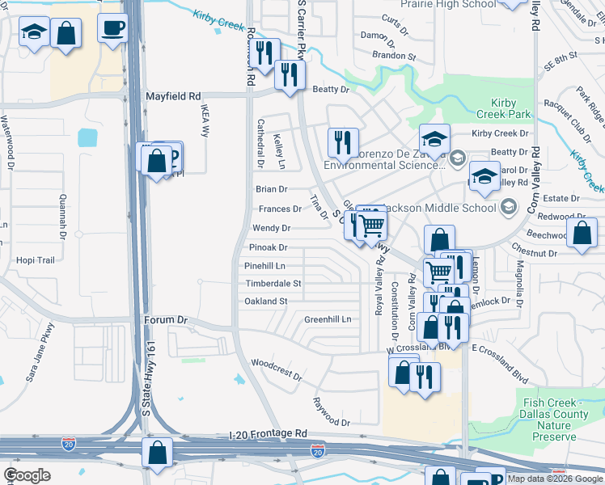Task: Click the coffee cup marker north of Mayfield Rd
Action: pyautogui.click(x=112, y=28)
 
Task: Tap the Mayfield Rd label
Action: pyautogui.click(x=172, y=96)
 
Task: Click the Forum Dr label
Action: pyautogui.click(x=166, y=320)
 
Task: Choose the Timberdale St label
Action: pyautogui.click(x=273, y=284)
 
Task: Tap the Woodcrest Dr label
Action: pyautogui.click(x=276, y=371)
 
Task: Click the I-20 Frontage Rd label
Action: pyautogui.click(x=269, y=434)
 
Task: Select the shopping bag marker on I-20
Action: pyautogui.click(x=157, y=453)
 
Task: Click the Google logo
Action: pyautogui.click(x=27, y=475)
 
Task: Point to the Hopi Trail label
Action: pyautogui.click(x=35, y=260)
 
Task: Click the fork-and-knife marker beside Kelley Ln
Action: pyautogui.click(x=343, y=142)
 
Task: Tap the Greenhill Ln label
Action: pyautogui.click(x=328, y=319)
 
